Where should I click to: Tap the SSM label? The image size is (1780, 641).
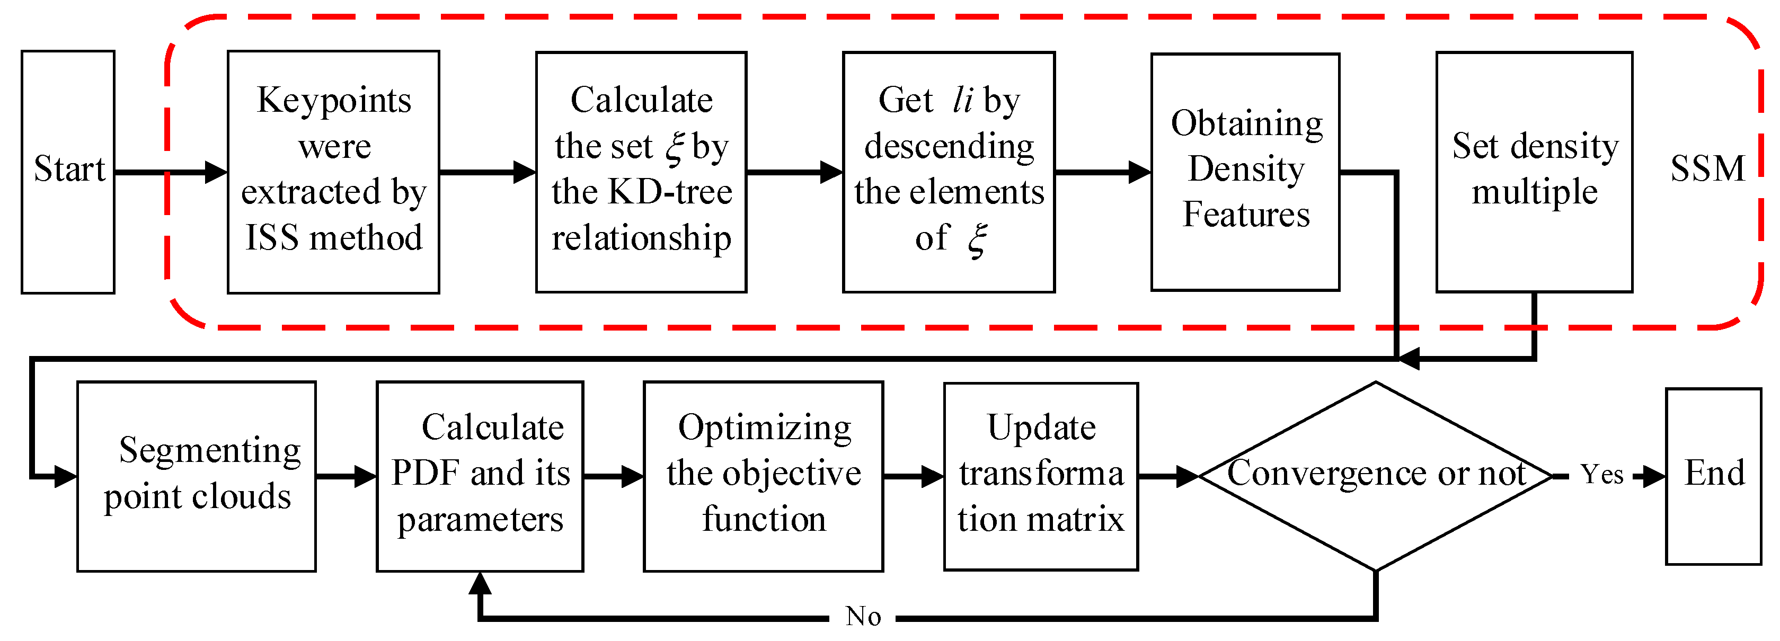click(x=1707, y=169)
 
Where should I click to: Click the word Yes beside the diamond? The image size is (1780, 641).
click(x=1602, y=475)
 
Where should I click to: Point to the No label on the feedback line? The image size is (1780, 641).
click(x=863, y=616)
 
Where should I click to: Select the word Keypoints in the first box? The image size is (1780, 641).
click(x=334, y=101)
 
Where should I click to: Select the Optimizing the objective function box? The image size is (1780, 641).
click(x=763, y=475)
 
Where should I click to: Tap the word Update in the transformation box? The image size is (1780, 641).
click(x=1041, y=428)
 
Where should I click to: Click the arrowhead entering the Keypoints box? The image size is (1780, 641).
click(x=216, y=172)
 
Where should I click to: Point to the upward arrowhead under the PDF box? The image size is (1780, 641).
click(x=480, y=584)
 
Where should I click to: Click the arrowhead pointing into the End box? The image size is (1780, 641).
click(x=1653, y=476)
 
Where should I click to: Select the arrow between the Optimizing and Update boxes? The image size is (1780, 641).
click(x=914, y=476)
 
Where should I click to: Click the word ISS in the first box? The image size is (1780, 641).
click(x=271, y=238)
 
